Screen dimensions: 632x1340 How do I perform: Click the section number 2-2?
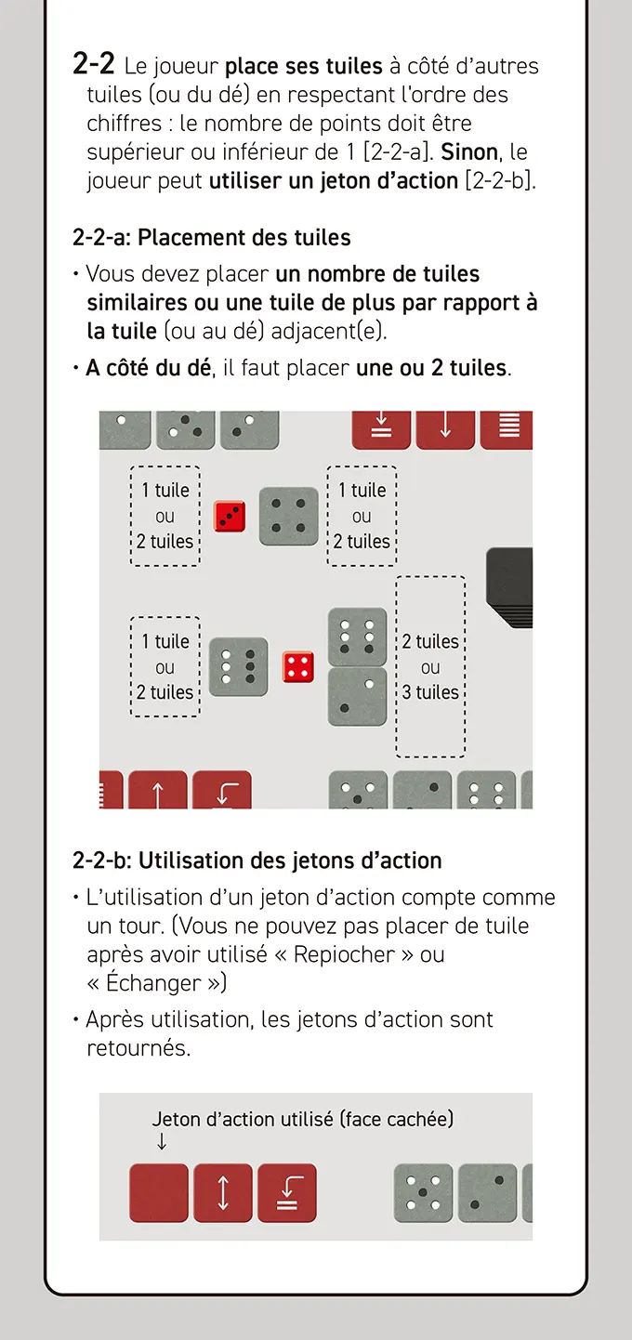pyautogui.click(x=93, y=63)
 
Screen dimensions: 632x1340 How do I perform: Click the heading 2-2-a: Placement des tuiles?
pyautogui.click(x=211, y=238)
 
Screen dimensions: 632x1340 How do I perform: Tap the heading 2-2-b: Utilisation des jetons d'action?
pyautogui.click(x=257, y=860)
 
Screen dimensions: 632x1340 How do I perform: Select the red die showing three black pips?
pyautogui.click(x=230, y=516)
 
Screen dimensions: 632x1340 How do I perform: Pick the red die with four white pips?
pyautogui.click(x=298, y=666)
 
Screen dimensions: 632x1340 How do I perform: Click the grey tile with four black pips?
pyautogui.click(x=288, y=517)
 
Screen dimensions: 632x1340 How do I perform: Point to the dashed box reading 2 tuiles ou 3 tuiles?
pyautogui.click(x=430, y=666)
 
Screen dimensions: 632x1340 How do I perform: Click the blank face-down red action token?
pyautogui.click(x=159, y=1193)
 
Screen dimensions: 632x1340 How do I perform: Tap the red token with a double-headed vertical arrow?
pyautogui.click(x=223, y=1193)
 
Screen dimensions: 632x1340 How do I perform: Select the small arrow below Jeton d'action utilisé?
pyautogui.click(x=161, y=1142)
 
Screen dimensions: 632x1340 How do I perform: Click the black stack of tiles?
pyautogui.click(x=509, y=587)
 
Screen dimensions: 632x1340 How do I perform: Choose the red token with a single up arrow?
pyautogui.click(x=158, y=790)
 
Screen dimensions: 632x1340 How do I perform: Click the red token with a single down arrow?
pyautogui.click(x=445, y=429)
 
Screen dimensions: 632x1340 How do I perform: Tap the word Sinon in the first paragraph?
pyautogui.click(x=469, y=152)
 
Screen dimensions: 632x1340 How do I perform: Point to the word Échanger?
pyautogui.click(x=153, y=983)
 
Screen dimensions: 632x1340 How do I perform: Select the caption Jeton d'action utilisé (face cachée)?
pyautogui.click(x=303, y=1119)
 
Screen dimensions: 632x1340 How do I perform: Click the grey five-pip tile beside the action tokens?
pyautogui.click(x=423, y=1193)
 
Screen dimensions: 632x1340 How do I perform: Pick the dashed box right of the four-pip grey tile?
pyautogui.click(x=362, y=516)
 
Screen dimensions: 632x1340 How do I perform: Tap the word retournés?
pyautogui.click(x=138, y=1047)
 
